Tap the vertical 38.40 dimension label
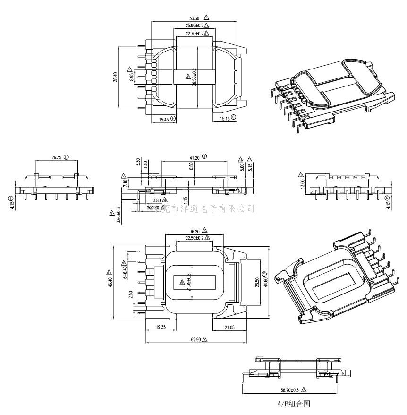coord(115,77)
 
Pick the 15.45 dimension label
coord(164,120)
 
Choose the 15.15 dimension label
coord(224,119)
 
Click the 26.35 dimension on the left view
coord(57,157)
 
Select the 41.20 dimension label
coord(194,157)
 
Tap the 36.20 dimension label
coord(194,232)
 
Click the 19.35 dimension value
coord(161,327)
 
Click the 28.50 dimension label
coord(257,282)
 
